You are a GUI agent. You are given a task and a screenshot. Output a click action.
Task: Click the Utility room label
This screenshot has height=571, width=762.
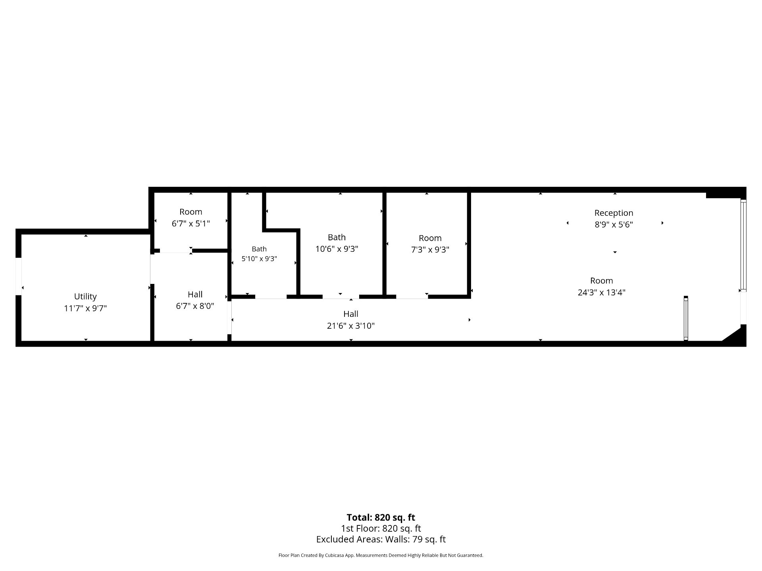[x=85, y=297]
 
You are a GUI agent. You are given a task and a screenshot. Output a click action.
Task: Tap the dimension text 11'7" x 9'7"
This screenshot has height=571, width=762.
[x=85, y=308]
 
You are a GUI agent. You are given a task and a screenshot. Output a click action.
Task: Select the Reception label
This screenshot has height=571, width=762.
[x=614, y=213]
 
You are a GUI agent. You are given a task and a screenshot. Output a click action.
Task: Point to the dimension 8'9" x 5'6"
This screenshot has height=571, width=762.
[x=614, y=224]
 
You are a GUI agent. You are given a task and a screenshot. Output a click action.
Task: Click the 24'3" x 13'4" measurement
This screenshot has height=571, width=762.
[x=602, y=292]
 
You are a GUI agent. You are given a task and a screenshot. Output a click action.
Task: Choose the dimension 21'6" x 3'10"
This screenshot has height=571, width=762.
[x=351, y=326]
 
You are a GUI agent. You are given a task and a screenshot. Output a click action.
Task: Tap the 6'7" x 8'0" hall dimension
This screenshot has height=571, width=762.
[x=195, y=306]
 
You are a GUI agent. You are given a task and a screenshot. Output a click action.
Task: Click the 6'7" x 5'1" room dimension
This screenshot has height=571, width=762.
[x=191, y=224]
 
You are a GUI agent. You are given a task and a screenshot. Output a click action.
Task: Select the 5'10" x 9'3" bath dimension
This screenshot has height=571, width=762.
[x=259, y=259]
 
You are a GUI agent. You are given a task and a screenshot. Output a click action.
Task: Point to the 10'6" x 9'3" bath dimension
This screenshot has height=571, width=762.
[x=337, y=249]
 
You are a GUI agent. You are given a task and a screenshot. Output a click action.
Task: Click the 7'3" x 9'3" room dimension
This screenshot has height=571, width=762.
[x=430, y=249]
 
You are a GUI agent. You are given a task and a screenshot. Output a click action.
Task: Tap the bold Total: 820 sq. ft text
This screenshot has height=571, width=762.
[x=381, y=517]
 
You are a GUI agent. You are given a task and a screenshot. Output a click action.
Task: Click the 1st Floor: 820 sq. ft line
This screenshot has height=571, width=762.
[x=381, y=529]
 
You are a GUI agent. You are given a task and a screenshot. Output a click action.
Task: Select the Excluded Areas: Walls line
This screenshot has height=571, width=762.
[x=381, y=539]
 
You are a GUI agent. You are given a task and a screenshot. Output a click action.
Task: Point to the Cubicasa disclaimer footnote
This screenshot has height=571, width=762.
[x=381, y=556]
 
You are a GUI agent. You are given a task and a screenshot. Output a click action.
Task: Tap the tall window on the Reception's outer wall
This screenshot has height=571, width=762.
[x=743, y=245]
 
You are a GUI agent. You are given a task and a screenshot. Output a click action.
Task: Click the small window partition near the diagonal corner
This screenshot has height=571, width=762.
[x=686, y=318]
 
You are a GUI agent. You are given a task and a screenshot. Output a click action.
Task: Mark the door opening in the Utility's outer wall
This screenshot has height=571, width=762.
[x=18, y=277]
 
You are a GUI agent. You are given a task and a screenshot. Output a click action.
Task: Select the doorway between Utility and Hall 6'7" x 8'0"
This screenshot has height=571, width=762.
[x=152, y=268]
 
